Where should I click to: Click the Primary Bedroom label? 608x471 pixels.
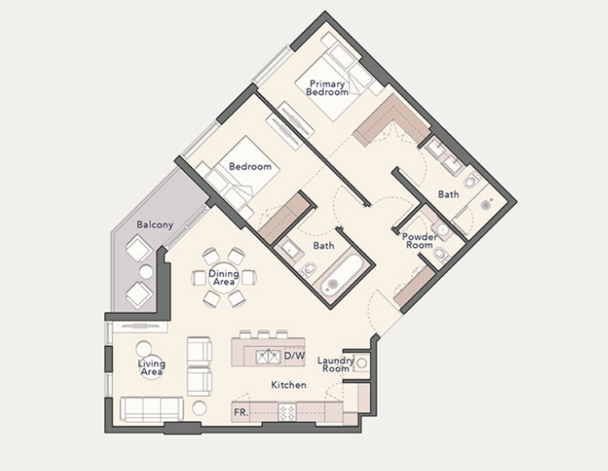tap(328, 88)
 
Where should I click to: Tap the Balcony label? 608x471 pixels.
tap(154, 225)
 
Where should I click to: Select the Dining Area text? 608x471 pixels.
tap(223, 277)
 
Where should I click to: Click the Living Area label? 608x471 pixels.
tap(151, 368)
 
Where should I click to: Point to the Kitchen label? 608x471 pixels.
tap(289, 385)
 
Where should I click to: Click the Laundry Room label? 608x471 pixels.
tap(336, 365)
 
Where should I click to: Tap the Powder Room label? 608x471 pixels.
tap(420, 241)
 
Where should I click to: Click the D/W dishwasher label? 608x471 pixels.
tap(295, 356)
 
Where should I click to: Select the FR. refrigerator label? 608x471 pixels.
tap(241, 413)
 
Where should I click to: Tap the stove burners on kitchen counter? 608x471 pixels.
tap(287, 412)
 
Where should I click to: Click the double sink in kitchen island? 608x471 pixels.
tap(268, 356)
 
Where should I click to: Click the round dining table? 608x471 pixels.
tap(223, 278)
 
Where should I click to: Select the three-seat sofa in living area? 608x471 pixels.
tap(151, 409)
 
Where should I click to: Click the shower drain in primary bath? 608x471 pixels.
tap(486, 204)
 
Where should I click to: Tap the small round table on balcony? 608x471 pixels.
tap(146, 272)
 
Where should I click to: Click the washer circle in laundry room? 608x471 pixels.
tap(362, 363)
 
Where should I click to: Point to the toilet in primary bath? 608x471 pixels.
tap(470, 180)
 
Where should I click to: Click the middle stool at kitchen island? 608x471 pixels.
tap(263, 334)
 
